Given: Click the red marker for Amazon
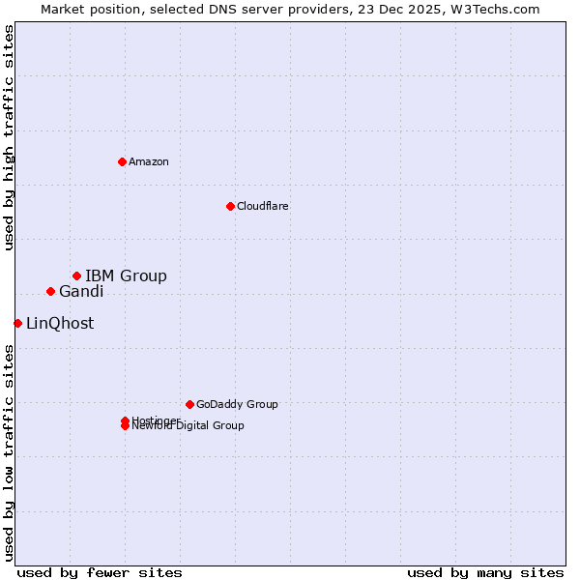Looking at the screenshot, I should [x=122, y=161].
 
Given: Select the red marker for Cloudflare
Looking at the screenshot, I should [x=230, y=206].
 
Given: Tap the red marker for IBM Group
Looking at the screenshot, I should [x=76, y=276].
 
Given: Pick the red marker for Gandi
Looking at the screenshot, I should [x=50, y=292].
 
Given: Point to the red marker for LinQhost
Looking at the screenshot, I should [x=17, y=323].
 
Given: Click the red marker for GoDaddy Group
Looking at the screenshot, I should [x=189, y=404].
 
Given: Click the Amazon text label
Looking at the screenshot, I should [x=149, y=161].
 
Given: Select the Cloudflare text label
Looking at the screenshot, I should [x=263, y=206].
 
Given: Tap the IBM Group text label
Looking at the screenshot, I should [x=126, y=276].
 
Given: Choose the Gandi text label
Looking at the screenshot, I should [x=81, y=292].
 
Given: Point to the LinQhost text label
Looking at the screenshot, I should [x=60, y=324].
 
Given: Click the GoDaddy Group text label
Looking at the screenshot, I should [x=237, y=404].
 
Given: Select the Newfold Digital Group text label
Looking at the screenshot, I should [x=188, y=426].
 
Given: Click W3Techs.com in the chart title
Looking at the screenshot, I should [x=494, y=9].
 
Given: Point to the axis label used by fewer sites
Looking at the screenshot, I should [x=100, y=573].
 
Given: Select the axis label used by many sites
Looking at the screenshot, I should [x=485, y=573].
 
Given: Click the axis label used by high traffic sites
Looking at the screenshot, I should [x=9, y=137].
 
